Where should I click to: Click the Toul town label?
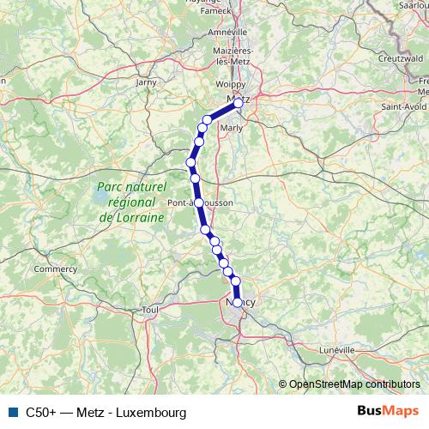151,309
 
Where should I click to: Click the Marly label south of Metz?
232,128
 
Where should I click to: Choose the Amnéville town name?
228,32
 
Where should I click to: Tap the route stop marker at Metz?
239,102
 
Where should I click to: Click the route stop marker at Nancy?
238,302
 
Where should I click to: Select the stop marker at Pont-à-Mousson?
199,202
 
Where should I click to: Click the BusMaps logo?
387,411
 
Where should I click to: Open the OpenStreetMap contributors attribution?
353,385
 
